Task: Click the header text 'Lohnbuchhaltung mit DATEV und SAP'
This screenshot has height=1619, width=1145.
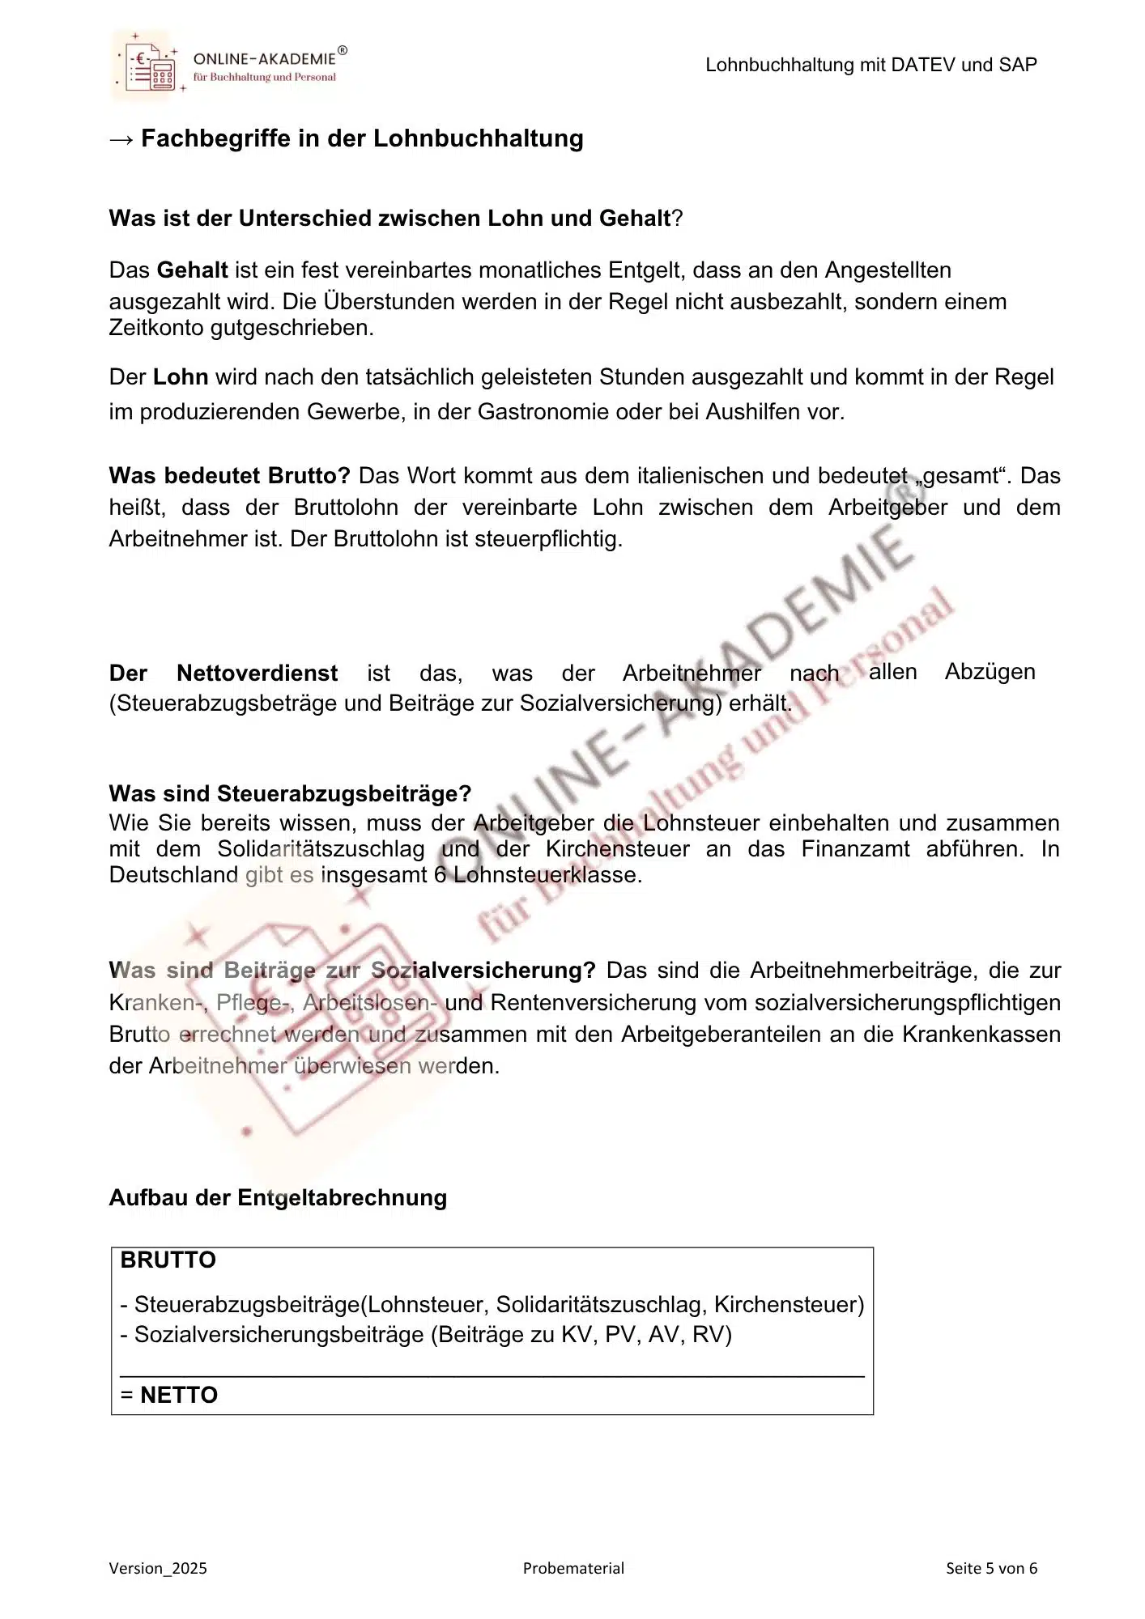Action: (x=870, y=66)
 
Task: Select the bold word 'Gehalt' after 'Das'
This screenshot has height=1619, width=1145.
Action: (x=192, y=270)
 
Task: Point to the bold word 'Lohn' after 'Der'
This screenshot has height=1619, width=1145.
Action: (x=181, y=377)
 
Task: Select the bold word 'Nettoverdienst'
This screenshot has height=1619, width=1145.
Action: (x=257, y=673)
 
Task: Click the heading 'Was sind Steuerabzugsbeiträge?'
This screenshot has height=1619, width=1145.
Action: (x=290, y=793)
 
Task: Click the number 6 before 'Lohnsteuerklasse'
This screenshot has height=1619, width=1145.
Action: (x=440, y=875)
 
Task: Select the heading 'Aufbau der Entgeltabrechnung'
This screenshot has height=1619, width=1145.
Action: (x=278, y=1197)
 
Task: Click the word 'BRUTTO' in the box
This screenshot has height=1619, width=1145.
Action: (x=168, y=1260)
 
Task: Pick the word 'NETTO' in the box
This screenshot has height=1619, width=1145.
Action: (x=179, y=1396)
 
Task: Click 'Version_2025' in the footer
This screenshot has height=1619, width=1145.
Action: (x=158, y=1568)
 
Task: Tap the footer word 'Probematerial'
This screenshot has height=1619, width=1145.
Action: (x=573, y=1568)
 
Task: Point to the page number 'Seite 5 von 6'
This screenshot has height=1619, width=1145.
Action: (x=991, y=1568)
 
